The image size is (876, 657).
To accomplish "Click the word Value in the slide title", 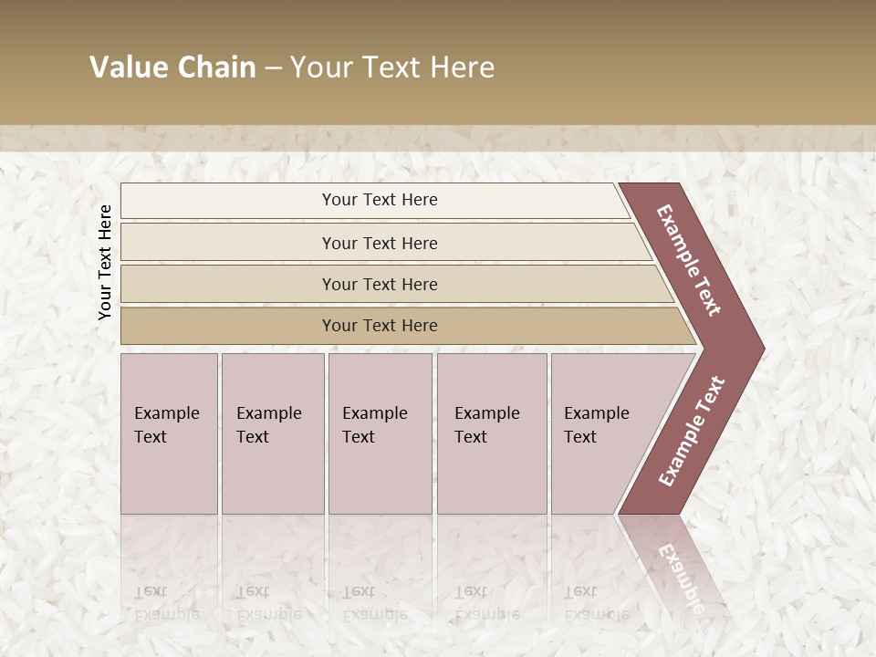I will tap(127, 68).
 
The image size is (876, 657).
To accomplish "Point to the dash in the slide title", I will tap(273, 68).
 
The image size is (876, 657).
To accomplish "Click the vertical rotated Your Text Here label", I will tap(105, 262).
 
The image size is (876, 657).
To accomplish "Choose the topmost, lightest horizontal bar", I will tap(374, 200).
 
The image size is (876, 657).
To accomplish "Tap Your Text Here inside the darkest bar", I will tap(380, 326).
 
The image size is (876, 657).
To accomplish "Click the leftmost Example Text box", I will tap(169, 433).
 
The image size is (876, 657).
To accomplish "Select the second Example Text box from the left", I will tap(272, 433).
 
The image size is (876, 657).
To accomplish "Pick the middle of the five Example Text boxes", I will tap(380, 433).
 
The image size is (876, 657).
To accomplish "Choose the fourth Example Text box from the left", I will tap(492, 433).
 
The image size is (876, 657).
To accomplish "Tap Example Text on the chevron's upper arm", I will tap(689, 260).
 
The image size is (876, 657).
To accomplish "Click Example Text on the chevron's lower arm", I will tap(692, 431).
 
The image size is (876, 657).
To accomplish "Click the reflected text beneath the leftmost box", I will tap(166, 602).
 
